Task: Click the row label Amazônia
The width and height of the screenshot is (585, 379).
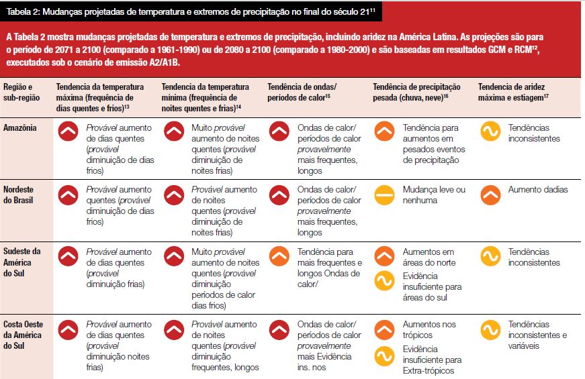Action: pyautogui.click(x=19, y=128)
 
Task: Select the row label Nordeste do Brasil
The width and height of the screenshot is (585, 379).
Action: pyautogui.click(x=18, y=195)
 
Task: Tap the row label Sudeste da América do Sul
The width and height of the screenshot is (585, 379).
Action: pyautogui.click(x=22, y=262)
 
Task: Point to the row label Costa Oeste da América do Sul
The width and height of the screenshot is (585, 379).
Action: pyautogui.click(x=23, y=335)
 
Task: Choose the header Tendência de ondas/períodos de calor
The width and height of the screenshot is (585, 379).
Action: pyautogui.click(x=302, y=92)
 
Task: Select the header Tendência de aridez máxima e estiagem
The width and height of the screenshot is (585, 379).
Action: pyautogui.click(x=513, y=92)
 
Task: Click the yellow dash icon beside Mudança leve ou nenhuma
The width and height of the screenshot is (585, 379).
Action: pyautogui.click(x=384, y=195)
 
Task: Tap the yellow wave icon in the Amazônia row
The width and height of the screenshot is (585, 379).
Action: pyautogui.click(x=490, y=131)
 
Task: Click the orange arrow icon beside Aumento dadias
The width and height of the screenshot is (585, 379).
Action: pyautogui.click(x=490, y=195)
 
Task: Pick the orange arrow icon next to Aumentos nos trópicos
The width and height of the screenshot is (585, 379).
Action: pyautogui.click(x=384, y=330)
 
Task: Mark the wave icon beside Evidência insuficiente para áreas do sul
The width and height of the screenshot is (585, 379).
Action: pyautogui.click(x=384, y=280)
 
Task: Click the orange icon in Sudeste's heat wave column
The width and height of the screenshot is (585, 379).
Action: pyautogui.click(x=279, y=256)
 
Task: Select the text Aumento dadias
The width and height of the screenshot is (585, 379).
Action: pyautogui.click(x=537, y=189)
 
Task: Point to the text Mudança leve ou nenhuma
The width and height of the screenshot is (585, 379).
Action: pyautogui.click(x=434, y=195)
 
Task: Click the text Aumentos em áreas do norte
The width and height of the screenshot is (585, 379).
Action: pyautogui.click(x=429, y=257)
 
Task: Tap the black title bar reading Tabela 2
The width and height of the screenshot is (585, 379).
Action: pyautogui.click(x=191, y=11)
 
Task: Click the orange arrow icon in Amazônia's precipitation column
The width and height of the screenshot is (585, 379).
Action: pyautogui.click(x=384, y=131)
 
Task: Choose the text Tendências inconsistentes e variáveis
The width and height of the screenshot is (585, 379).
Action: pyautogui.click(x=537, y=335)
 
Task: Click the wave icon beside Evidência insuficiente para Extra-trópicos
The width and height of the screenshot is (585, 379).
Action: pyautogui.click(x=384, y=356)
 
